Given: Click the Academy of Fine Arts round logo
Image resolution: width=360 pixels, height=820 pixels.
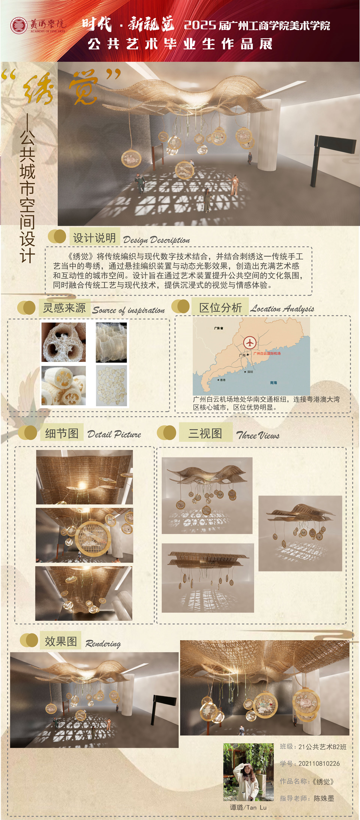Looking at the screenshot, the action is tap(19, 26).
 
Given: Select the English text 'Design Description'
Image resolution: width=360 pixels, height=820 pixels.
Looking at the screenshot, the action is tap(156, 240).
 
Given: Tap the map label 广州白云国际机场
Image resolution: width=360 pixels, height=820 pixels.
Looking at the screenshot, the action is tap(267, 353).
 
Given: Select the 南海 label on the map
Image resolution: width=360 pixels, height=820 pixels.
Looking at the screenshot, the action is tap(273, 383).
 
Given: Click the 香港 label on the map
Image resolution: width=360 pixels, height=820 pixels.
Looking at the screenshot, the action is tap(223, 380).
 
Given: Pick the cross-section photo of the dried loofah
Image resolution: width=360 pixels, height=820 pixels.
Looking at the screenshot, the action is tap(64, 342).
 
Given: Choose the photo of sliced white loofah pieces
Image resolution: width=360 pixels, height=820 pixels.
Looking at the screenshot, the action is tap(64, 385).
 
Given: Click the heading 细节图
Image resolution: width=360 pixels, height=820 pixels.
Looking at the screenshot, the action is tap(62, 433).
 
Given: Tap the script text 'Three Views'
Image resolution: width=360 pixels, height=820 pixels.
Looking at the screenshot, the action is tap(258, 435).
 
